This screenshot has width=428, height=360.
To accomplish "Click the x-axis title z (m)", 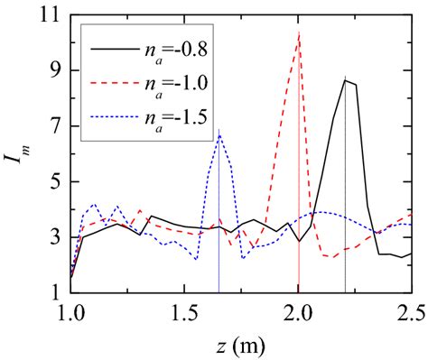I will [x=239, y=344].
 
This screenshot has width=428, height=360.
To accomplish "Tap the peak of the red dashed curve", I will [x=298, y=33].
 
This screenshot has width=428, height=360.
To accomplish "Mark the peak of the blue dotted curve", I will [x=219, y=132].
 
